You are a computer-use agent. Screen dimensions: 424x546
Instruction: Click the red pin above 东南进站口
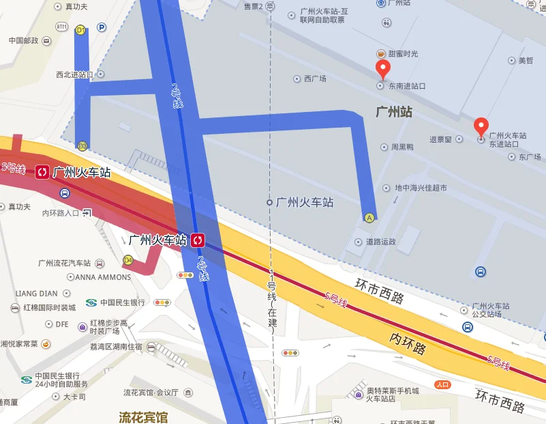point(383,68)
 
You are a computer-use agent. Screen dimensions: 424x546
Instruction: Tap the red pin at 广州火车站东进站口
point(481,126)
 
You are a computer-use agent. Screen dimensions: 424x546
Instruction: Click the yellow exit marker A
point(369,218)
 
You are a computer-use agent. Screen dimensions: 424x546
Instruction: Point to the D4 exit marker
point(127,260)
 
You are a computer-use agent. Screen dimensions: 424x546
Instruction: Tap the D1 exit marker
point(80,30)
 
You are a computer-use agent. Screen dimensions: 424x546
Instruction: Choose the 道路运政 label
point(380,242)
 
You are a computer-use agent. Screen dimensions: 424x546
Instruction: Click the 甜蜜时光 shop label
point(403,54)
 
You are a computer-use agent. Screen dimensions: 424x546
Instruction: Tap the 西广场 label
point(315,79)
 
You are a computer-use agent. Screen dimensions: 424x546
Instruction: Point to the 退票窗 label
point(440,139)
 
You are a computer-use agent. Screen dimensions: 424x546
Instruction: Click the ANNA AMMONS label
point(103,277)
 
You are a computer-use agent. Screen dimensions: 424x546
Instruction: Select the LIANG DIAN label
point(37,294)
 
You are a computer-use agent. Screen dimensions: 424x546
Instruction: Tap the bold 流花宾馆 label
point(143,416)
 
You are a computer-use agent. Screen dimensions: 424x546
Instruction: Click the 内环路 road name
point(408,343)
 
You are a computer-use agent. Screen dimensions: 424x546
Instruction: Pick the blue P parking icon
point(102,27)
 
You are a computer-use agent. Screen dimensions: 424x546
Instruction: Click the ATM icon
point(62,27)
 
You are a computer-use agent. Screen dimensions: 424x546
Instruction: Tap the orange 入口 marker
point(443,384)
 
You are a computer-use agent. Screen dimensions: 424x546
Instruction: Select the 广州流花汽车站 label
point(65,263)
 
